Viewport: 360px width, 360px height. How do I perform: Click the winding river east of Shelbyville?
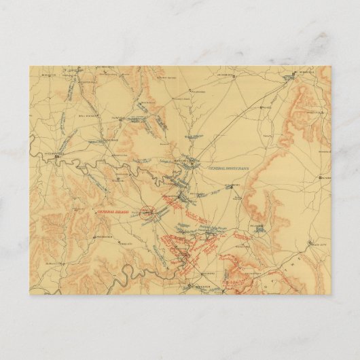[x=95, y=163]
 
